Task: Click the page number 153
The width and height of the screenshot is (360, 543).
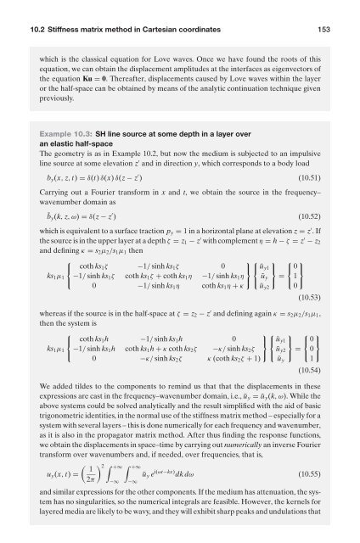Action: click(x=335, y=9)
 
